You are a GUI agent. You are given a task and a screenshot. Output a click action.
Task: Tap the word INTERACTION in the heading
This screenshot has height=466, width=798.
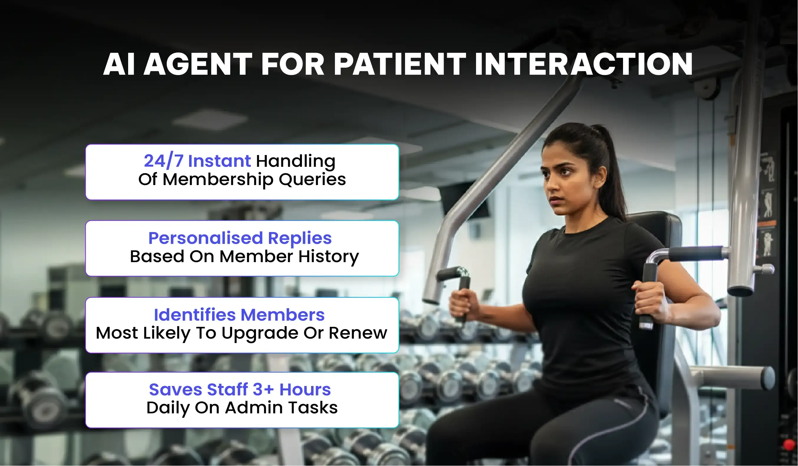(584, 64)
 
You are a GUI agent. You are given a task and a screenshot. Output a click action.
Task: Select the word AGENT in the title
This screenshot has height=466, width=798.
(198, 64)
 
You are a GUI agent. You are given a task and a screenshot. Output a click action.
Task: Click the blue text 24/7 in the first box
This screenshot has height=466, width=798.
(164, 161)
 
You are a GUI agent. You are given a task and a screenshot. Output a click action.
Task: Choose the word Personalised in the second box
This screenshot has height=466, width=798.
(206, 238)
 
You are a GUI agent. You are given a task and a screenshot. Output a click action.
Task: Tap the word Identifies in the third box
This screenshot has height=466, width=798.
(195, 315)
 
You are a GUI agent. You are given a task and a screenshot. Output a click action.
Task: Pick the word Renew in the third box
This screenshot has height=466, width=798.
(358, 333)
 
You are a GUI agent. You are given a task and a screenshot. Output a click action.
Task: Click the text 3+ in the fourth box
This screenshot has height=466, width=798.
(263, 390)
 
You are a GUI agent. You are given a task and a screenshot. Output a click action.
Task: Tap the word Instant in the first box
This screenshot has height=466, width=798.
(219, 161)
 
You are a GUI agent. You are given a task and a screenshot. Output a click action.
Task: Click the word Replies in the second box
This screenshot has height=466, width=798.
(300, 239)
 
